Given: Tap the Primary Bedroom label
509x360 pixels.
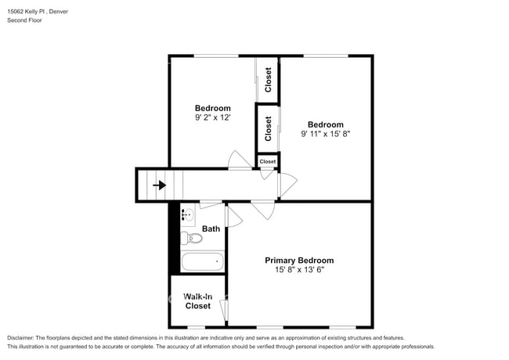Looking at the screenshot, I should [x=299, y=261].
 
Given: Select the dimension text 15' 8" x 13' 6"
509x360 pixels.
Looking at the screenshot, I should [x=299, y=271].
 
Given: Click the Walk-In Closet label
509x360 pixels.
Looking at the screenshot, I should [x=197, y=301].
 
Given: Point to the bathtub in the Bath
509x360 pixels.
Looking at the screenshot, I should [x=202, y=261].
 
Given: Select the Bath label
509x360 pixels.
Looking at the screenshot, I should [x=211, y=229].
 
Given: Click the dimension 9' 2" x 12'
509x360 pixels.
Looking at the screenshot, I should [x=213, y=118].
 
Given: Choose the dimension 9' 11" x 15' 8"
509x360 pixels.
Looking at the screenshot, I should [x=325, y=134].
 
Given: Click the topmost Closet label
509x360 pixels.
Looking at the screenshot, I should [x=268, y=80].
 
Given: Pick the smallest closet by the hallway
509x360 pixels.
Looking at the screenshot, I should [x=268, y=161].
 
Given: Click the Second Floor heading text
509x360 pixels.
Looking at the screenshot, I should [x=25, y=20].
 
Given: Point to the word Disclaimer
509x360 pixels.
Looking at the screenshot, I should [x=24, y=338].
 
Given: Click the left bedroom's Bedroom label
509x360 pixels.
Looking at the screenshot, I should [x=213, y=108].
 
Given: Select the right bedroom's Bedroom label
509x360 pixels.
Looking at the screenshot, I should [x=325, y=124].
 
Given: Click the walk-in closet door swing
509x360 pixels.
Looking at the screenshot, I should [x=224, y=310].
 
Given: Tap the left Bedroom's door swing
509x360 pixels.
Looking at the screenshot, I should [x=239, y=160].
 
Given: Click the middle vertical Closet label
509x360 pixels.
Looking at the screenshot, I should [x=268, y=128].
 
